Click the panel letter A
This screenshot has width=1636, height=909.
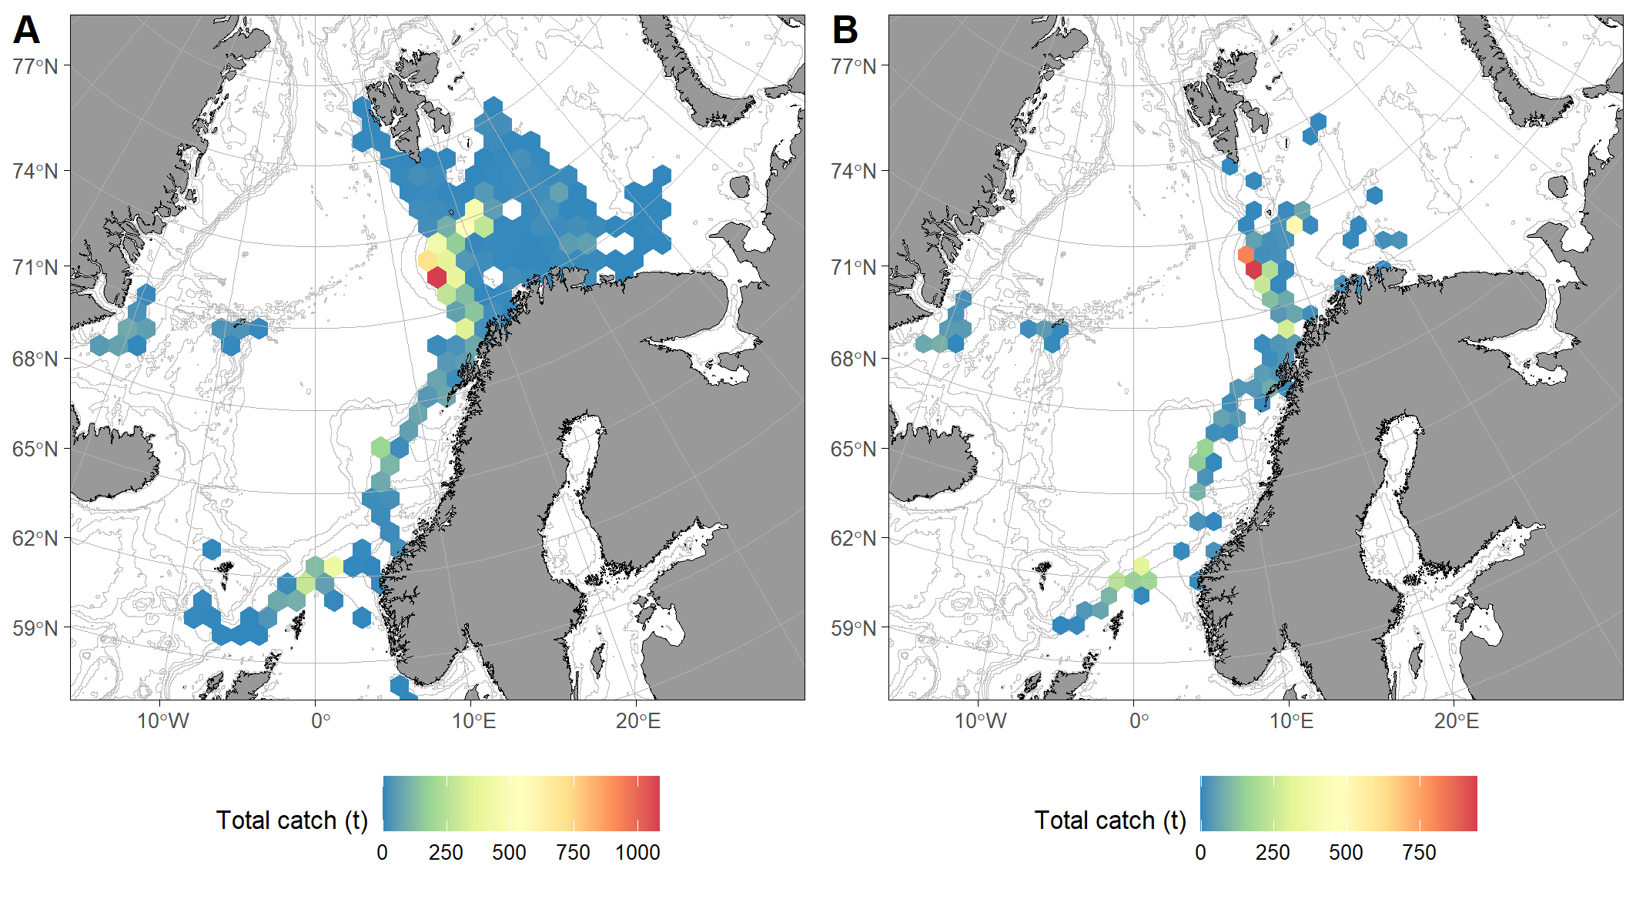26,31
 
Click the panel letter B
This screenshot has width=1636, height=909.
845,31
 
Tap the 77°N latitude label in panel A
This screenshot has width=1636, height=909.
35,66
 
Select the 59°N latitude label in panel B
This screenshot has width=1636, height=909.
853,628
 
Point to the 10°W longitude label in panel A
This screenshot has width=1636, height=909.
162,721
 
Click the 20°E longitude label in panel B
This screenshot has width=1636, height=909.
1456,721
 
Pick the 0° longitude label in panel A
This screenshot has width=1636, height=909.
320,721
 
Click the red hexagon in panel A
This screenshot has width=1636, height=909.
437,277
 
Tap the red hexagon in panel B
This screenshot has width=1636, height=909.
1253,269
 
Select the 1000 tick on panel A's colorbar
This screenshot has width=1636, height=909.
637,853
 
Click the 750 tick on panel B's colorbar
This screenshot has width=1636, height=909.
1419,853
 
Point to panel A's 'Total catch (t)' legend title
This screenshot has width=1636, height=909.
292,820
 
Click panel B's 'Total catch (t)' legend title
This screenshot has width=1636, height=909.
1109,820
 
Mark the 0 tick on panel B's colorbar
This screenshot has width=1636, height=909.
1200,853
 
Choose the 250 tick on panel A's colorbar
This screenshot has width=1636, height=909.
446,853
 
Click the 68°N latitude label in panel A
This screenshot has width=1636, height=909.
35,359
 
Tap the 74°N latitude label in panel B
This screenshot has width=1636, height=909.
853,171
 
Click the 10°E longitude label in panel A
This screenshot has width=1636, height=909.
473,721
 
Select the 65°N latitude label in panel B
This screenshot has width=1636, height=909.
853,449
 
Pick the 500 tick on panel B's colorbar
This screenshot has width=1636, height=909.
1346,853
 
